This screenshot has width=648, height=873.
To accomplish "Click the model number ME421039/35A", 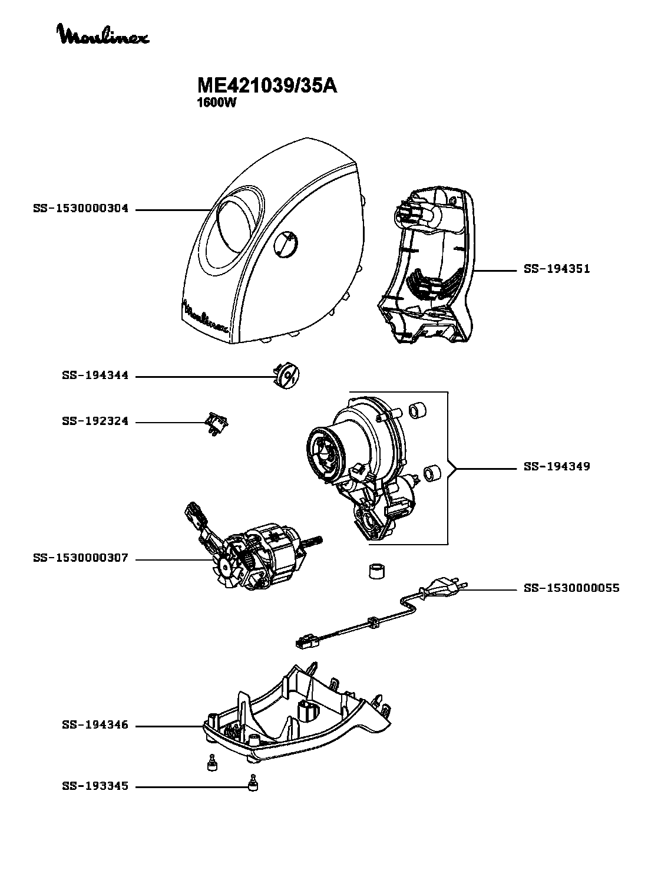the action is pos(267,85).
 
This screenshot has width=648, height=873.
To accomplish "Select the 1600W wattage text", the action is pos(216,103).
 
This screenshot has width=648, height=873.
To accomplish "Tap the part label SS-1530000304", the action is pos(81,209).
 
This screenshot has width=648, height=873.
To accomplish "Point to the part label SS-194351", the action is pos(557,269).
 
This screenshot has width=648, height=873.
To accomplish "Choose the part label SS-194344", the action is pos(95,375).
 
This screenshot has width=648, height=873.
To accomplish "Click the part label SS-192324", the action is pos(95,421).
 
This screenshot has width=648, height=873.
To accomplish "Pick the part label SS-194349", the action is pos(557,467).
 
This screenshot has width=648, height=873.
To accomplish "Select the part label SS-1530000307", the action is pos(81,558).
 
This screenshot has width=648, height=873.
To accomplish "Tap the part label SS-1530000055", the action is pos(571,588).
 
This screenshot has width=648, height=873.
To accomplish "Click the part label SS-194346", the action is pos(95,725).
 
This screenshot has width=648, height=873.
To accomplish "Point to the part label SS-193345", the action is pos(95,786).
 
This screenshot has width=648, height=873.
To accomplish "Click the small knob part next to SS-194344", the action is pos(286,375).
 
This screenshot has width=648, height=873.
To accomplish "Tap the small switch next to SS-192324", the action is pos(217,423).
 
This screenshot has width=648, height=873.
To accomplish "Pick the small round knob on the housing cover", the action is pos(285,244).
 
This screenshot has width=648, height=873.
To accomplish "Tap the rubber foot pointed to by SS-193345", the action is pos(253,783).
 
